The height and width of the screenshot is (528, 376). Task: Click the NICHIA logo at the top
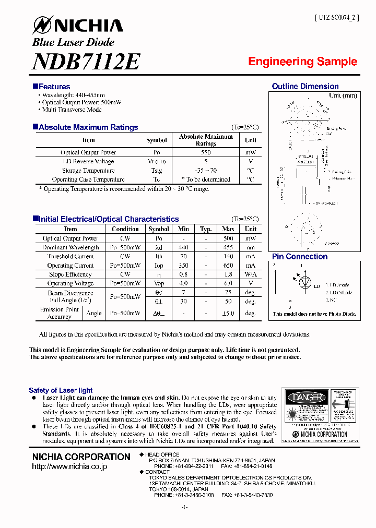[78, 26]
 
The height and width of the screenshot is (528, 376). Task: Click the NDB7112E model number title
[86, 62]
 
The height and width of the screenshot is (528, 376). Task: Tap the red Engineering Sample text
[302, 62]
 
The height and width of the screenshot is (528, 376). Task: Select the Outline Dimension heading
[305, 87]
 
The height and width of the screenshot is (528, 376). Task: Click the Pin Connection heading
[300, 257]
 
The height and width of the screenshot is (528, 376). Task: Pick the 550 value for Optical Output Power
[206, 152]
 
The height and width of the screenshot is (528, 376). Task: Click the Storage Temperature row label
[88, 171]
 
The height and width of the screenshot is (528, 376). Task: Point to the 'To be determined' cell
[206, 179]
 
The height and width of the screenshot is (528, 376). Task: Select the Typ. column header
[206, 229]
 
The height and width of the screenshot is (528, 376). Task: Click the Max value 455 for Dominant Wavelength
[228, 248]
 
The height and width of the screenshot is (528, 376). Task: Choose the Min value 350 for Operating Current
[183, 266]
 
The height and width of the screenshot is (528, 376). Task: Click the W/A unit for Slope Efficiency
[251, 274]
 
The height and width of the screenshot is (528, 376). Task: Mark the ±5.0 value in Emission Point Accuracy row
[228, 313]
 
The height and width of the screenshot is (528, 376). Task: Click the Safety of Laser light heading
[61, 390]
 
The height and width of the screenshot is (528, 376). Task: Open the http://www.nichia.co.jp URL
[69, 466]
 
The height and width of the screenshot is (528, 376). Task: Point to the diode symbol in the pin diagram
[305, 282]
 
